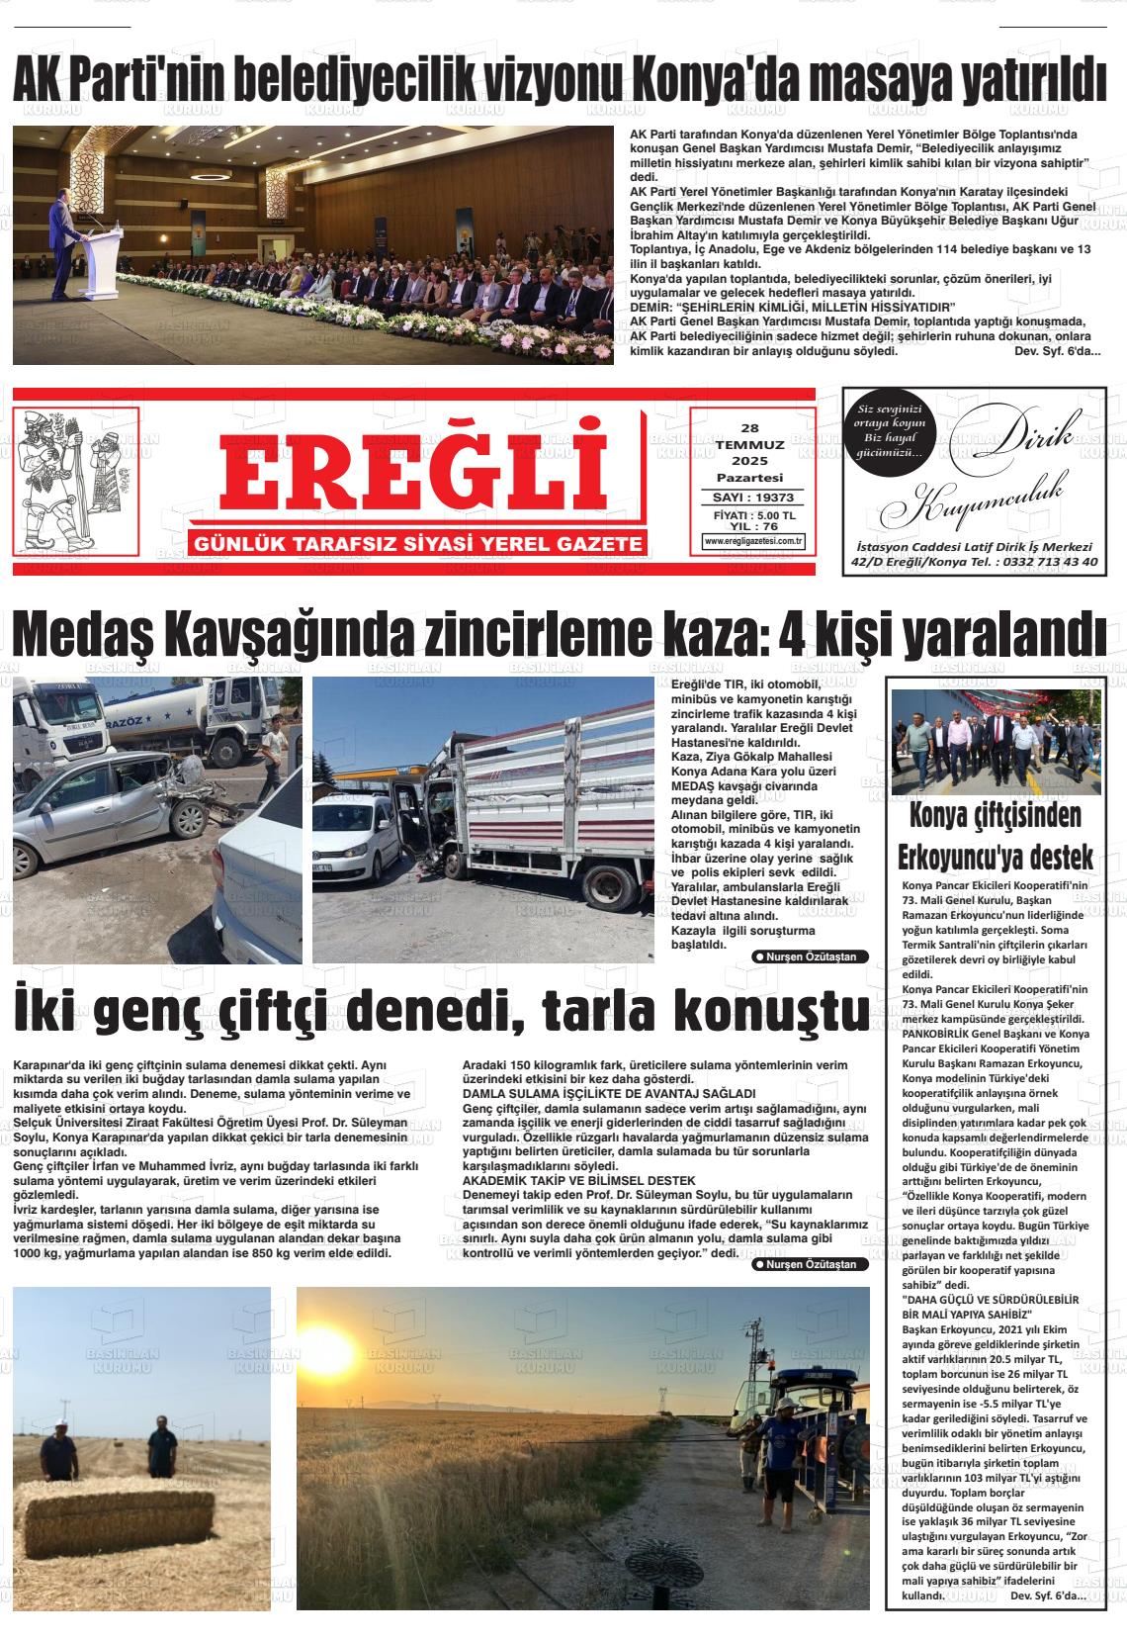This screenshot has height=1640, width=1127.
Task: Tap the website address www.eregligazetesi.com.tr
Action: point(753,541)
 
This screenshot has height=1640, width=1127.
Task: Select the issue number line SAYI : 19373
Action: point(753,498)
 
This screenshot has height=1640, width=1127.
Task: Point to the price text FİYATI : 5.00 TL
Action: point(753,516)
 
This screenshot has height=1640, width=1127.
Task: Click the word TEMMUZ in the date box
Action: point(750,445)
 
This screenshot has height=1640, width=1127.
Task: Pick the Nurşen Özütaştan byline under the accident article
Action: point(811,957)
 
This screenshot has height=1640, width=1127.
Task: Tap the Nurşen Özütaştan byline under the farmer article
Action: point(811,1264)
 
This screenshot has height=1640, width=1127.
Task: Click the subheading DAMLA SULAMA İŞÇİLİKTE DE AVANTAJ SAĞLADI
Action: point(609,1093)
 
